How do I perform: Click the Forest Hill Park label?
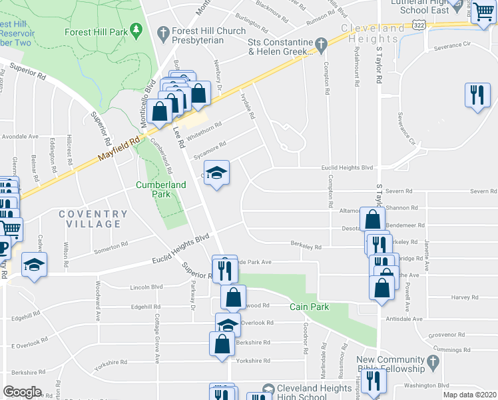tap(97, 31)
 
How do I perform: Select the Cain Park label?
tap(307, 307)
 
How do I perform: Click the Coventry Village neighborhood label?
tap(93, 219)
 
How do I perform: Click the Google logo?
tap(22, 391)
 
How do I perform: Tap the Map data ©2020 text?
tap(469, 395)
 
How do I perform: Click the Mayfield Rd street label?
tap(121, 149)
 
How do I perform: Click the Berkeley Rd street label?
tap(306, 246)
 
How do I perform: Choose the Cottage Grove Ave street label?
tap(157, 338)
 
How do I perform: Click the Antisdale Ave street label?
tap(404, 319)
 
